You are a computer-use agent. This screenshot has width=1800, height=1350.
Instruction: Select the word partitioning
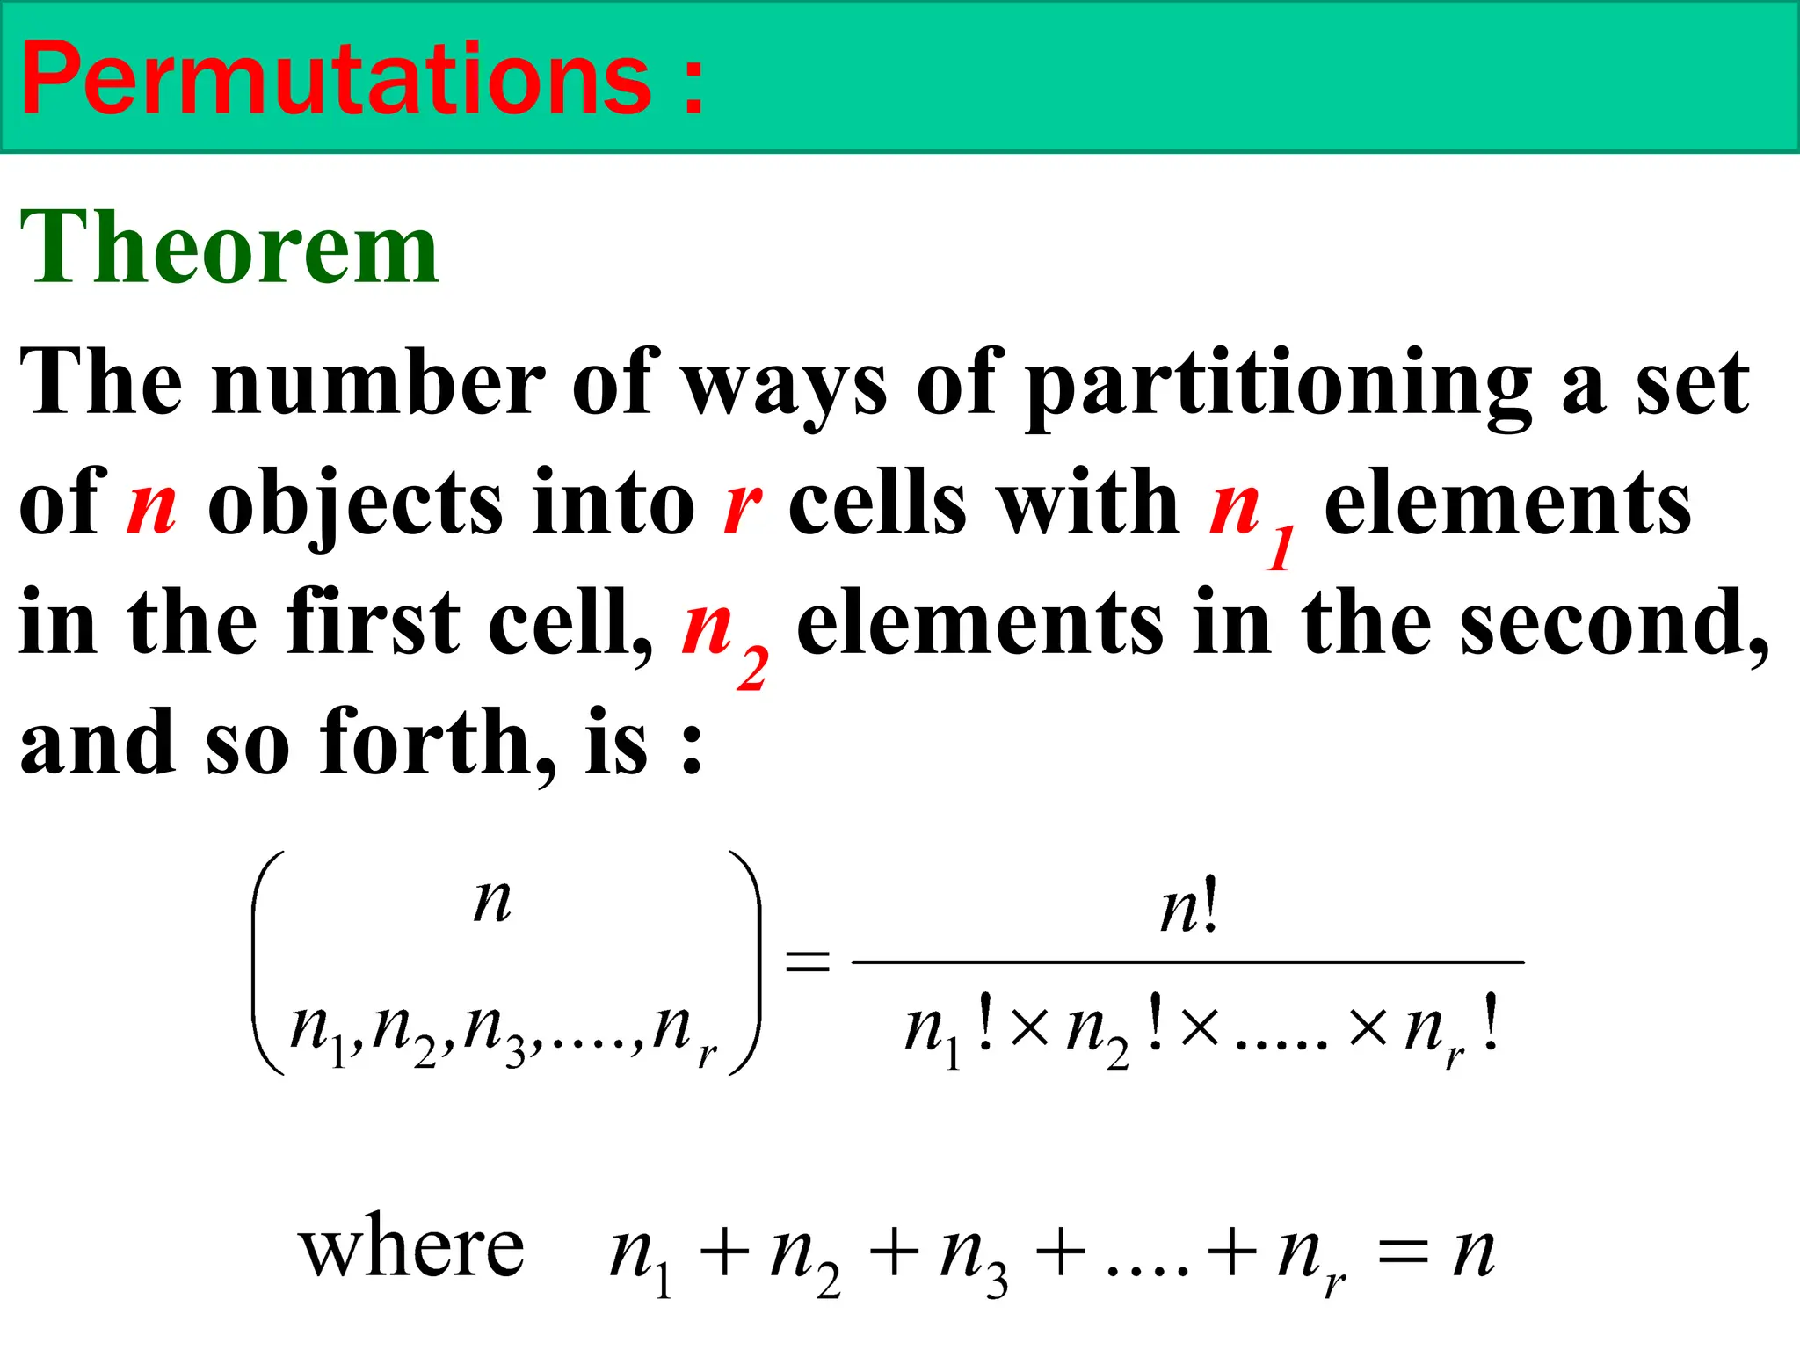1279,385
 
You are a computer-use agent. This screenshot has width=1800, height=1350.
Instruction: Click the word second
1613,624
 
